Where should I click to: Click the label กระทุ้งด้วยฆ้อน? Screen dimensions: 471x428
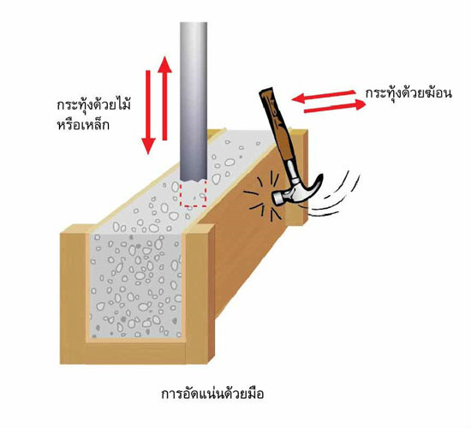coord(408,93)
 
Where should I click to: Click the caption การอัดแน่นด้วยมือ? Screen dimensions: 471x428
coord(212,394)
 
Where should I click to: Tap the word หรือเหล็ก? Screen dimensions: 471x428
coord(83,124)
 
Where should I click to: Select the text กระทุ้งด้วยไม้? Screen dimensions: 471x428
coord(93,106)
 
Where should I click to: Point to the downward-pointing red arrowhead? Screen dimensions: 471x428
coord(148,146)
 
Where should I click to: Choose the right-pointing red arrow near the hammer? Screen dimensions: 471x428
coord(335,106)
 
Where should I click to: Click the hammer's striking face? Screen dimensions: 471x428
coord(277,199)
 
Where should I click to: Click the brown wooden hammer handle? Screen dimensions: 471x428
coord(277,126)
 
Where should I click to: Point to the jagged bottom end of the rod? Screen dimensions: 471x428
coord(194,180)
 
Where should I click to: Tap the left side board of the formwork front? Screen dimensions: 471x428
coord(74,294)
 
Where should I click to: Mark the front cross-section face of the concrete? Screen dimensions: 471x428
coord(137,285)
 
